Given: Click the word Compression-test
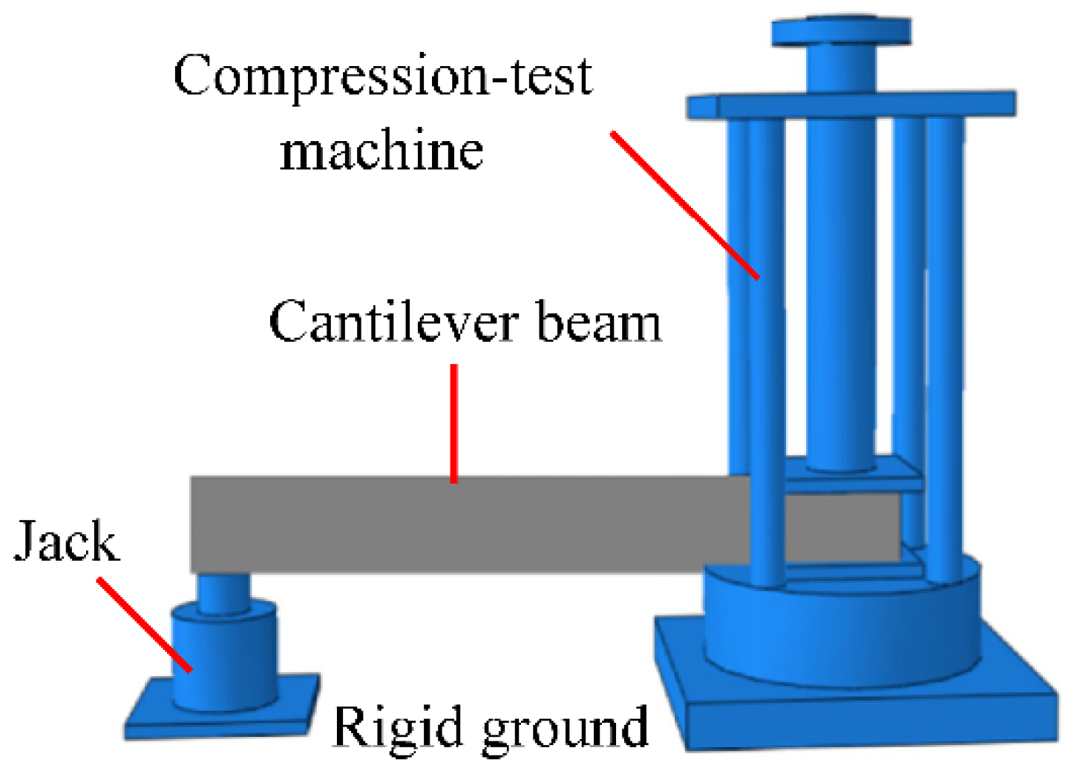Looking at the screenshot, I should [x=382, y=77].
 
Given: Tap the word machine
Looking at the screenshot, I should [x=381, y=151].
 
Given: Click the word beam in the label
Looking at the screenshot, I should [x=598, y=323].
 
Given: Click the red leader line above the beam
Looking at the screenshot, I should [x=453, y=423].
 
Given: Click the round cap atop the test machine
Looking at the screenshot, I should [x=842, y=32].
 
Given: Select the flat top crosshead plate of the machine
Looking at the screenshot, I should [x=850, y=105].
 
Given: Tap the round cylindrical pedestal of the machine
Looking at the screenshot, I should [x=842, y=631].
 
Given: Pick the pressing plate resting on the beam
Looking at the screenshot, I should [x=854, y=475].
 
